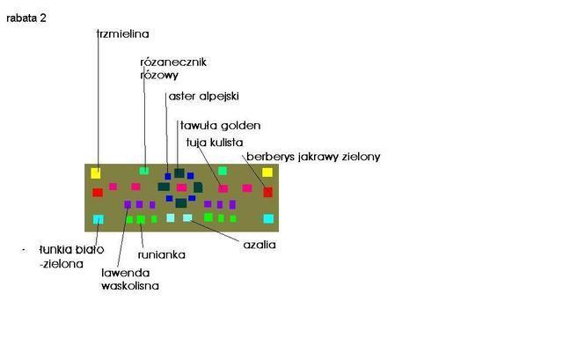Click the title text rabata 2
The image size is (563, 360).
point(26,18)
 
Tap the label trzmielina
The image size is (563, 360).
point(123,33)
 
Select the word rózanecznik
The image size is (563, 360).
point(173,62)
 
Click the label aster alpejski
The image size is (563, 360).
point(203,96)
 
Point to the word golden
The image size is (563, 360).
point(240,125)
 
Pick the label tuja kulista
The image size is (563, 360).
point(215,143)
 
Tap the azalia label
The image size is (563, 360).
point(260,245)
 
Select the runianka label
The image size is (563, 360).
point(162,254)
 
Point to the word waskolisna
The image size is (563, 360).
point(130,286)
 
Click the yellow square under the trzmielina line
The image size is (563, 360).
point(96,173)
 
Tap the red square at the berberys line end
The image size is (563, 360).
point(267,192)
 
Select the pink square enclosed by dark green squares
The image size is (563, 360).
point(182,187)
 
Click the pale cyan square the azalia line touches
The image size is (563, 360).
point(187,217)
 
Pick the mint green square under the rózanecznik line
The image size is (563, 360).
point(144,170)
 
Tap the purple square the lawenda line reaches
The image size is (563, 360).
point(128,204)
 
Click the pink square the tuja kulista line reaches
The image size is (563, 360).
point(223,188)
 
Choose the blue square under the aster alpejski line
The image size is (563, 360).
point(168,176)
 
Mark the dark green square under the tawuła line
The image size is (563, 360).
point(179,173)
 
